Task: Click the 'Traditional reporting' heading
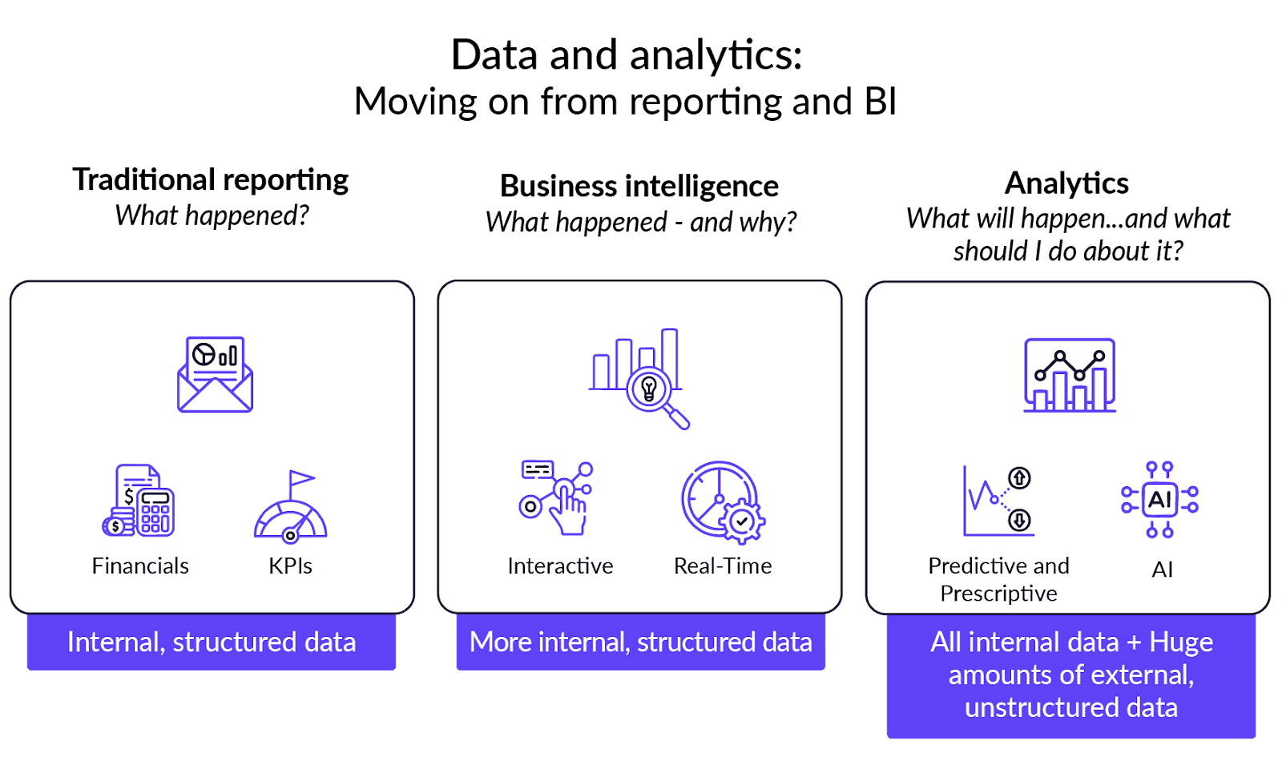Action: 211,180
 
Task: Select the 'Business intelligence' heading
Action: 639,186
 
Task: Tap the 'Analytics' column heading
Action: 1066,183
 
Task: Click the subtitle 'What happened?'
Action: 212,215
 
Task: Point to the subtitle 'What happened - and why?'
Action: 641,222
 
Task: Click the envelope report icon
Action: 215,374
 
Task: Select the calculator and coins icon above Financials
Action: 139,501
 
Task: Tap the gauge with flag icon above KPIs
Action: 291,506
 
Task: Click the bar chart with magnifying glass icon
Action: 639,377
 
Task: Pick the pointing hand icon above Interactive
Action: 558,497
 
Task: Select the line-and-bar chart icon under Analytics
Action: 1070,375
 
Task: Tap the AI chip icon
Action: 1159,500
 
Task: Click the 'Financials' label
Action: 140,566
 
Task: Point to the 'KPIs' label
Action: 290,566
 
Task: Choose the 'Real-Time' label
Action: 723,566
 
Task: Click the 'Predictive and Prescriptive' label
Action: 998,579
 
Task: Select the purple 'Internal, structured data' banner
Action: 212,642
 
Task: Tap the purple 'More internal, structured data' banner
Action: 641,642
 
